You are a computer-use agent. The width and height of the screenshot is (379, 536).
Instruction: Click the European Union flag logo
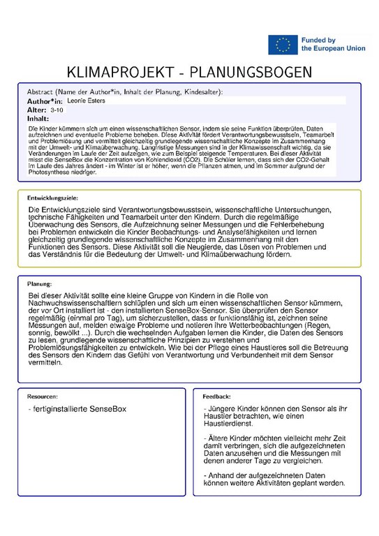tap(283, 45)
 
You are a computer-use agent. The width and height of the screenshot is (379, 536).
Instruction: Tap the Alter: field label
tap(37, 110)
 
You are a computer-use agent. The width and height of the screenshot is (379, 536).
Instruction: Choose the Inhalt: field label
tap(38, 119)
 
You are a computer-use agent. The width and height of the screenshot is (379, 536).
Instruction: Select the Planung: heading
tap(40, 284)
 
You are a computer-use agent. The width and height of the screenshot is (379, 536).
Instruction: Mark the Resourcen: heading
tap(43, 396)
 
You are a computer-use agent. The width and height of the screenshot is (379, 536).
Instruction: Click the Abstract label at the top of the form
tap(43, 92)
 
